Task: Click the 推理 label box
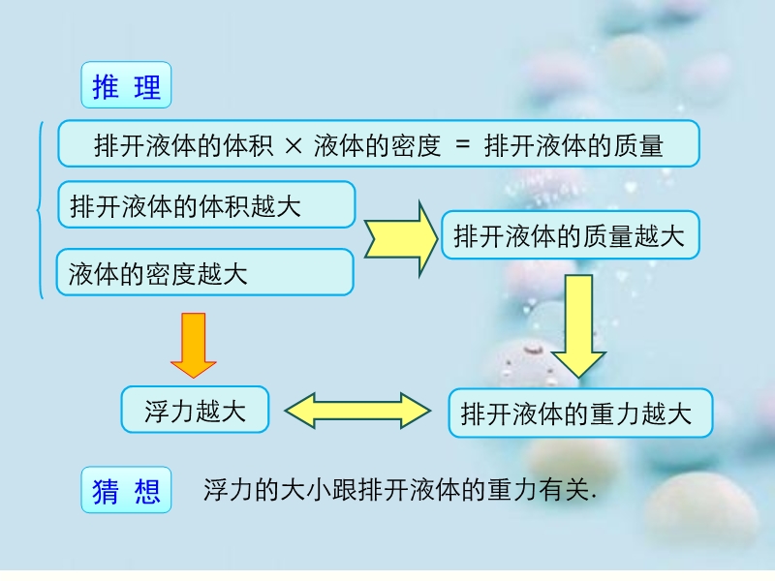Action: (126, 86)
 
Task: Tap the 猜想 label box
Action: (126, 491)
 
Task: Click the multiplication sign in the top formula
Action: (295, 146)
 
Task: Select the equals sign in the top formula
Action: (462, 146)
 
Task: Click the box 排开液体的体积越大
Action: (206, 205)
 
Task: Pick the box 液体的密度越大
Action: (204, 273)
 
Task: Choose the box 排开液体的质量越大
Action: (570, 235)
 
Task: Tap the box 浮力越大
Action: (195, 411)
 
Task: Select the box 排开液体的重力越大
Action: (580, 413)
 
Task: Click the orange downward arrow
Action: (194, 344)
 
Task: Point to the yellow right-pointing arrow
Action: (400, 239)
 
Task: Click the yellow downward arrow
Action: (579, 324)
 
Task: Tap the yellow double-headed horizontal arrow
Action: (358, 411)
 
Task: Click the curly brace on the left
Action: (40, 209)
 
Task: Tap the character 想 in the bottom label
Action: (147, 492)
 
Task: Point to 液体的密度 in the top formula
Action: (377, 146)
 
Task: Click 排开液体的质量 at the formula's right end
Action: (573, 146)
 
